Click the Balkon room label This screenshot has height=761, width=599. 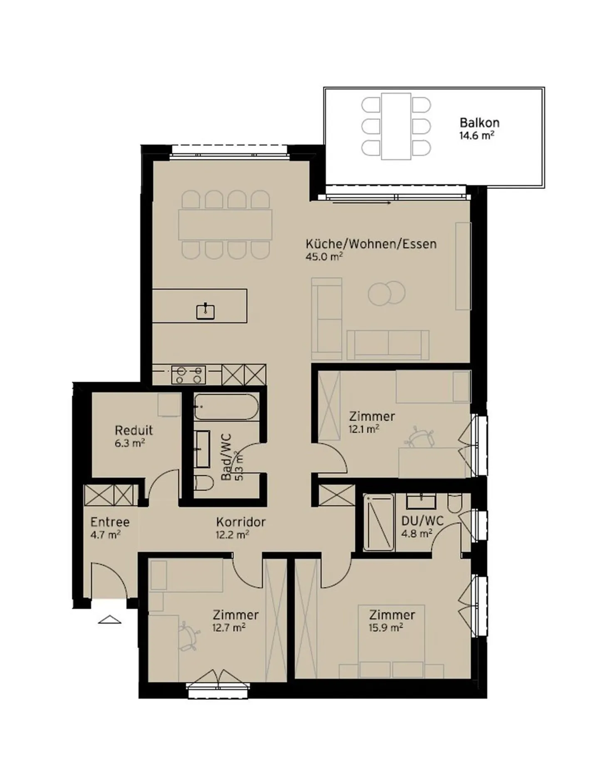[x=479, y=123]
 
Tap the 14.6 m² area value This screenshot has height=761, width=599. [x=477, y=136]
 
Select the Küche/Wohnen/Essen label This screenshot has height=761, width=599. [x=371, y=244]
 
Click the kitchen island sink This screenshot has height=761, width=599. [x=205, y=311]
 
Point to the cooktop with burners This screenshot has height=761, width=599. [x=188, y=374]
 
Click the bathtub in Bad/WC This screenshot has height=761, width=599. [x=226, y=407]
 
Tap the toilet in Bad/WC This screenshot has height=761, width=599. [x=204, y=483]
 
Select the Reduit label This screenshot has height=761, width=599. [x=134, y=430]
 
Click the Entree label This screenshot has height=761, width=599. [x=110, y=522]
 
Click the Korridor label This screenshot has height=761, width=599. [x=240, y=522]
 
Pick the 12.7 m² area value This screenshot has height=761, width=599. [x=229, y=628]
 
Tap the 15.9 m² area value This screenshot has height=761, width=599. [x=386, y=628]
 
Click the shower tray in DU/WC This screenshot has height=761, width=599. [x=378, y=523]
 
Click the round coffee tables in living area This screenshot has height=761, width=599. [x=386, y=294]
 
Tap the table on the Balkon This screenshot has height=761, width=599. [x=396, y=126]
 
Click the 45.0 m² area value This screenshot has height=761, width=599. [x=324, y=257]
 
